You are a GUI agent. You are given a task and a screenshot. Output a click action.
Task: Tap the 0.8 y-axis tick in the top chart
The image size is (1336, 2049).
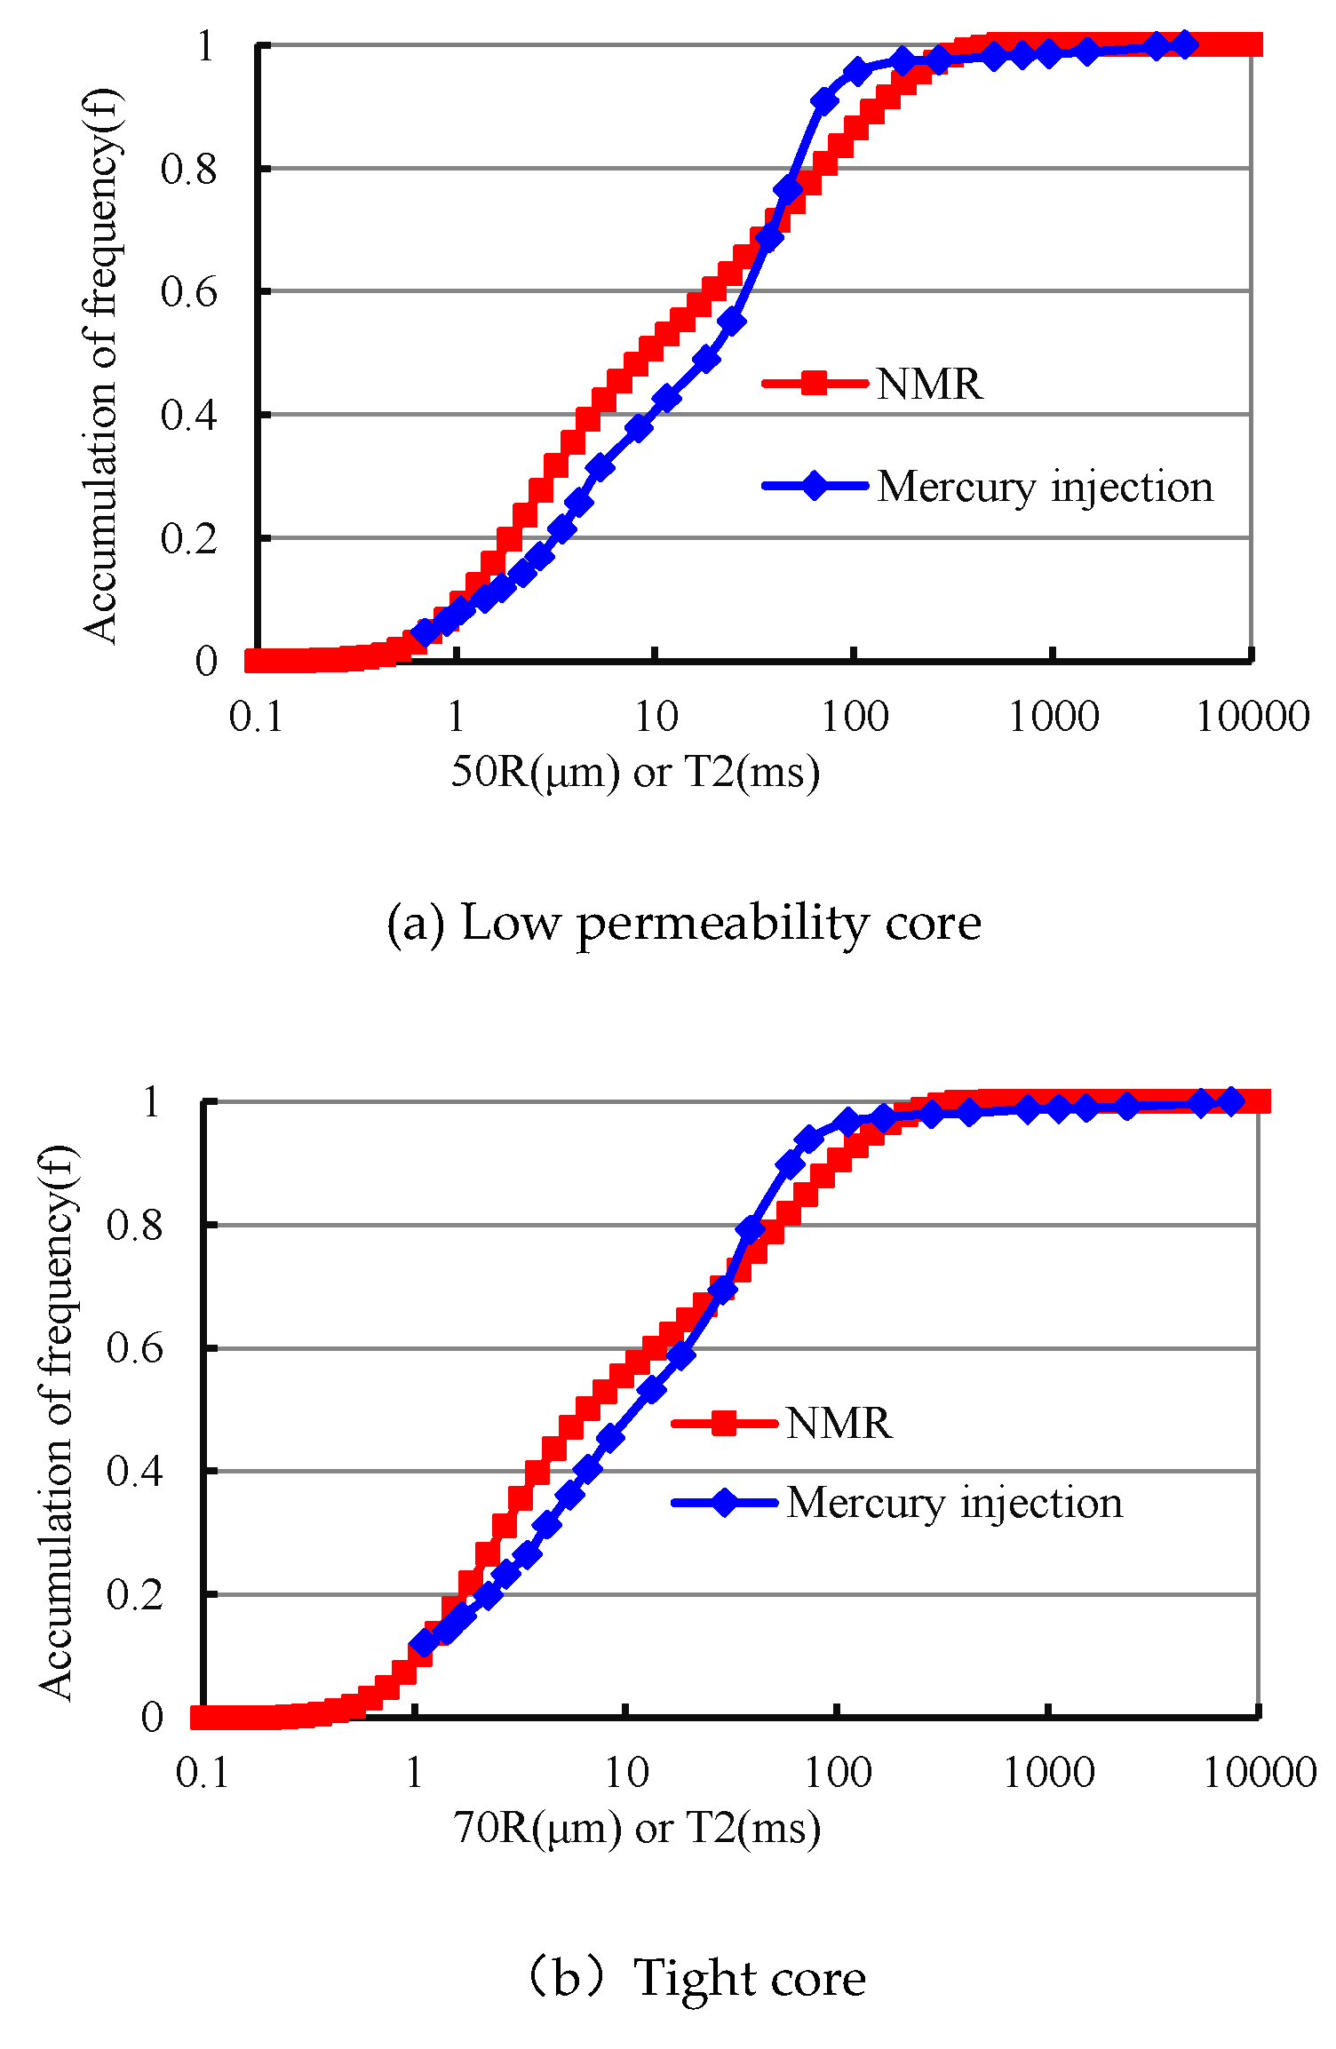188,169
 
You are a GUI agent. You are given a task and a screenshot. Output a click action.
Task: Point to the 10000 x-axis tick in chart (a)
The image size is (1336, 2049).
1252,716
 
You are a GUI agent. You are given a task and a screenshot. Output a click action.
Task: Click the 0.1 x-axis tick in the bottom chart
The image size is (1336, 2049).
203,1773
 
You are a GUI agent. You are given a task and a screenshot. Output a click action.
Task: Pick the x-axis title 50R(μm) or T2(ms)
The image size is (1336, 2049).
635,771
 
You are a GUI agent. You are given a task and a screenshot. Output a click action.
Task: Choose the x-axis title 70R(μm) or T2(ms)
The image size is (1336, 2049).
637,1828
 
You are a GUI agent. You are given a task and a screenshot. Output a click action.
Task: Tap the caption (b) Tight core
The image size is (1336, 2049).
695,1979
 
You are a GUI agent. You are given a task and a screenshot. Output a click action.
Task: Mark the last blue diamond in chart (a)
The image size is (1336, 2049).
1184,44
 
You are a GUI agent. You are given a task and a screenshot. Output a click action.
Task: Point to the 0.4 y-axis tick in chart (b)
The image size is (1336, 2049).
134,1472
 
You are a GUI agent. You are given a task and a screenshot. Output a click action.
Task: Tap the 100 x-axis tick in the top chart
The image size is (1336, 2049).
854,716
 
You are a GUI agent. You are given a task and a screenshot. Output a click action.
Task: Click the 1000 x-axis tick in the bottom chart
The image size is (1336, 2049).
1048,1773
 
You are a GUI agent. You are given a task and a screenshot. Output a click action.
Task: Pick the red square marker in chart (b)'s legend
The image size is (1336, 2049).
725,1424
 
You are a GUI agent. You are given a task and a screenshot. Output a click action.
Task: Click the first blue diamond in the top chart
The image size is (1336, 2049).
425,632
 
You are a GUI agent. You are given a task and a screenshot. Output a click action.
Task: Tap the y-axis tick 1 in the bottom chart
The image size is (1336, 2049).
152,1102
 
